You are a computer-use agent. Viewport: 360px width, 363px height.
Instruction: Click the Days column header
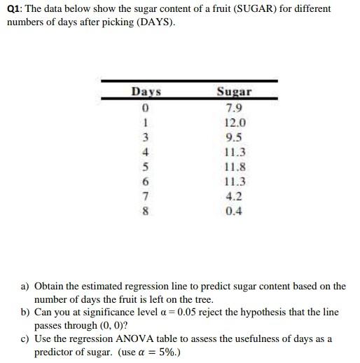click(x=146, y=92)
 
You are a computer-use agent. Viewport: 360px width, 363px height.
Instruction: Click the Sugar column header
click(x=234, y=92)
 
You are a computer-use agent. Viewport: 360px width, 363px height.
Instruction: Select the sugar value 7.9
click(x=234, y=107)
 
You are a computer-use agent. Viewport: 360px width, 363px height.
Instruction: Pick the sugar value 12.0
click(x=234, y=121)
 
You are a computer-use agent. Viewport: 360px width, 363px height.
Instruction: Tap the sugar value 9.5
click(x=234, y=136)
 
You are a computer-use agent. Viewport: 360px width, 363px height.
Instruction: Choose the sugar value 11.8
click(x=234, y=166)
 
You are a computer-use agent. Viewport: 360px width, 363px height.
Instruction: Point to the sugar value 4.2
click(x=234, y=196)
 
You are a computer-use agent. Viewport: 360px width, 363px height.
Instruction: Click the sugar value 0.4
click(x=234, y=211)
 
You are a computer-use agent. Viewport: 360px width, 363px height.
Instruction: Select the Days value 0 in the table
click(x=146, y=107)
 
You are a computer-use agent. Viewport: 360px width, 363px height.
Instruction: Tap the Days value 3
click(x=146, y=136)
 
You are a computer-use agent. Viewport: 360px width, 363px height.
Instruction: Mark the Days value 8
click(x=146, y=211)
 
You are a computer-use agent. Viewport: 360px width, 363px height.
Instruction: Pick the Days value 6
click(x=146, y=181)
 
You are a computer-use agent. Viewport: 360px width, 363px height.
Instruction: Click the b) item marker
click(x=26, y=312)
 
